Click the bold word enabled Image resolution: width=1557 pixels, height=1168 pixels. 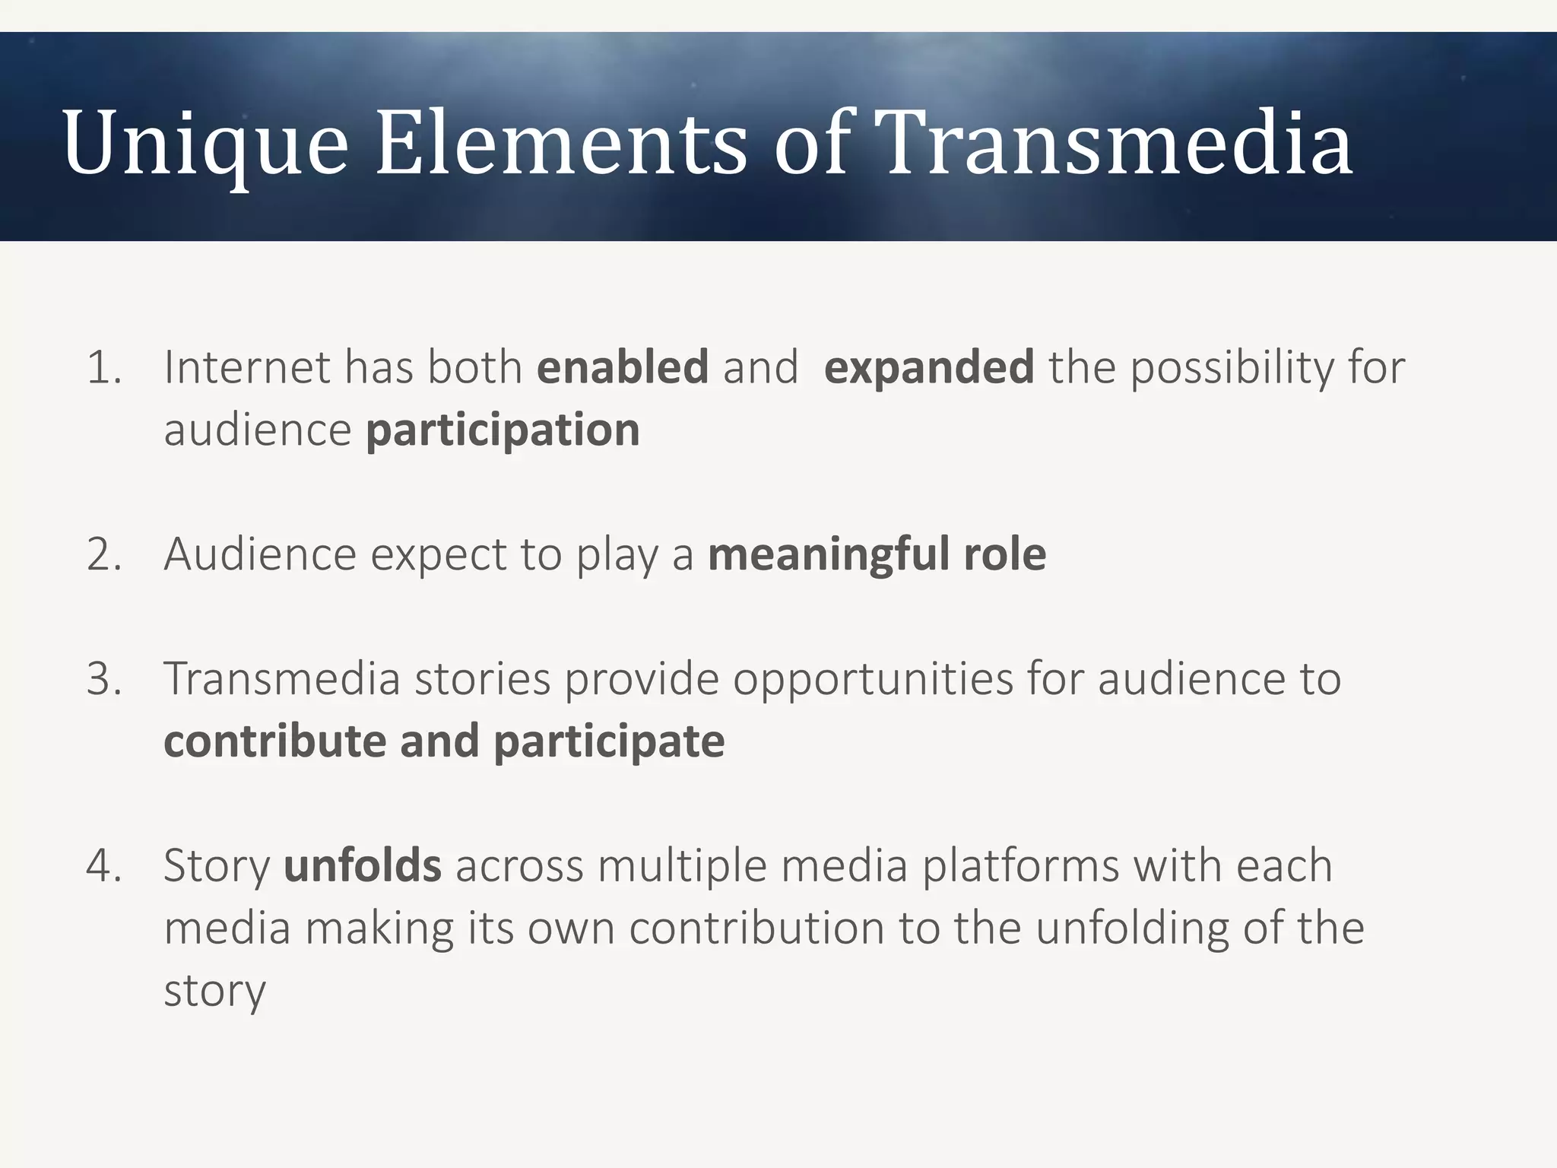pos(623,367)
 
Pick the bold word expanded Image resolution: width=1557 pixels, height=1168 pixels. pos(928,369)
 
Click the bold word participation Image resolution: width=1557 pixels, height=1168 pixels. pos(503,431)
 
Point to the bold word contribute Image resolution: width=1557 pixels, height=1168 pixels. pos(274,741)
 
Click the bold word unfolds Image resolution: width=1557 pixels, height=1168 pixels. pos(362,865)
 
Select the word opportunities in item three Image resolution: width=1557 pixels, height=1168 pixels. pos(873,680)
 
